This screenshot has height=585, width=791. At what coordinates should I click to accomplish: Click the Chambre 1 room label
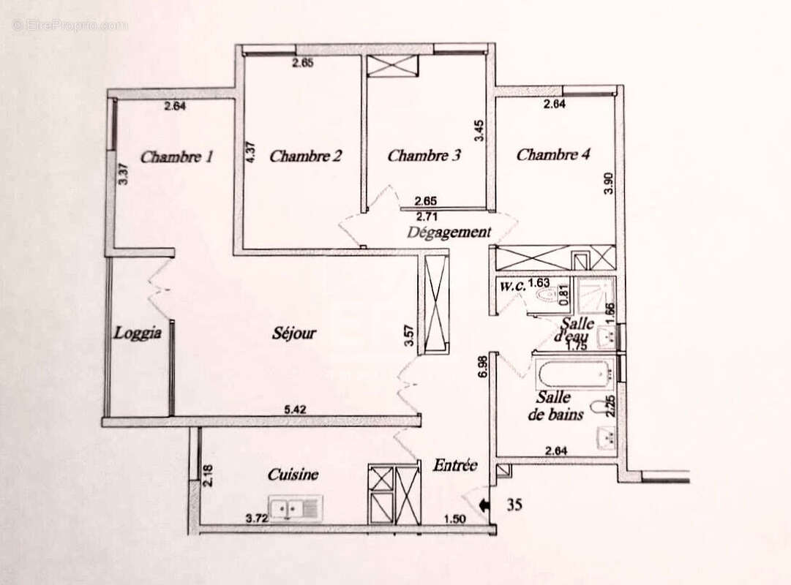click(176, 156)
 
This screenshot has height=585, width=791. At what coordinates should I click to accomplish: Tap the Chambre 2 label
click(306, 156)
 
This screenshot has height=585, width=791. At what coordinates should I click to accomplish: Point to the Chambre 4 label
click(553, 154)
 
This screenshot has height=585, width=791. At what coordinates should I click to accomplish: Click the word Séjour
click(294, 333)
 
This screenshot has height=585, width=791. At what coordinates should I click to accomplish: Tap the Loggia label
click(137, 333)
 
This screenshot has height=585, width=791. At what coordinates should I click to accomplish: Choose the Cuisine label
click(293, 475)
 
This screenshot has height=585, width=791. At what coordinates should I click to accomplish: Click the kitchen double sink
click(295, 507)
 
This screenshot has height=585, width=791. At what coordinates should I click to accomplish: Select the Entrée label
click(455, 465)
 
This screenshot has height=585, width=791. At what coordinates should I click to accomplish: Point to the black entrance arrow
click(483, 504)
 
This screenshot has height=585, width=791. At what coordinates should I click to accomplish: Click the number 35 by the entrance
click(514, 504)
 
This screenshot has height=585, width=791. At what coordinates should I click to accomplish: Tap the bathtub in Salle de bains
click(573, 374)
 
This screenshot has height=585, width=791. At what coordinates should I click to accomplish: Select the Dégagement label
click(449, 233)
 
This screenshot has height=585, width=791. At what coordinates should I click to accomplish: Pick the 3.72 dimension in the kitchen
click(255, 518)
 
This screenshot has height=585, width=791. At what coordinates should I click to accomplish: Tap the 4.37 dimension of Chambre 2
click(250, 152)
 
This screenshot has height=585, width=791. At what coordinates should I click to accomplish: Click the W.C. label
click(513, 286)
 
